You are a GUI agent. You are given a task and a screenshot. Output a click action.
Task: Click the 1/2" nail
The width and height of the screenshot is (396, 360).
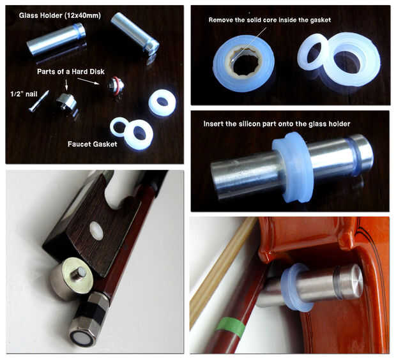coord(38,101)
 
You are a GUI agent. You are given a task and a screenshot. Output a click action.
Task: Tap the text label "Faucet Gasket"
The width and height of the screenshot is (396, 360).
coord(93,144)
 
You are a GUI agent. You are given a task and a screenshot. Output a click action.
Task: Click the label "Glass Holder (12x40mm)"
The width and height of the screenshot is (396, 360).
coord(60,16)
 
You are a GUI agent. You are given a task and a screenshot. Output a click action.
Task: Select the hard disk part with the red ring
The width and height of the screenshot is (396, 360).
coord(116,86)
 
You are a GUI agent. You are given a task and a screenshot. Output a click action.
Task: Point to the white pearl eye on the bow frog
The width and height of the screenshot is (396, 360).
coord(97,230)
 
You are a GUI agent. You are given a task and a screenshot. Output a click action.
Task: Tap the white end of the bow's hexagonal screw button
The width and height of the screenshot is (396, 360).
coord(81,338)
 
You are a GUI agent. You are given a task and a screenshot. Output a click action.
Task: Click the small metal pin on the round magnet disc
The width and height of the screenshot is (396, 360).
coord(80,273)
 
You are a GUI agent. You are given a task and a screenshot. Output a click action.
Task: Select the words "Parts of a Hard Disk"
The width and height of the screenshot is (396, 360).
coord(71,71)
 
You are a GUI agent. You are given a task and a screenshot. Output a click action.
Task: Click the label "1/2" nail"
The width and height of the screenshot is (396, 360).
coord(24,94)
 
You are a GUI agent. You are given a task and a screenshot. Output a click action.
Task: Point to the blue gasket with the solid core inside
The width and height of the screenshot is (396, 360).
coord(243,64)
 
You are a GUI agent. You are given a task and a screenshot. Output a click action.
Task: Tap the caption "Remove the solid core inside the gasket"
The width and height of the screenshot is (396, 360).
coord(270,20)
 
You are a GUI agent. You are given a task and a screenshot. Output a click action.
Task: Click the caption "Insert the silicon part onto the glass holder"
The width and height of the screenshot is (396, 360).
coord(277,124)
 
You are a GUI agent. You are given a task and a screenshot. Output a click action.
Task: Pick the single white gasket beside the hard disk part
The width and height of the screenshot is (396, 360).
coord(162,103)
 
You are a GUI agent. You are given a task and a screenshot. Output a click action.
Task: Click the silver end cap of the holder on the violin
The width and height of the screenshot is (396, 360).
coord(349,281)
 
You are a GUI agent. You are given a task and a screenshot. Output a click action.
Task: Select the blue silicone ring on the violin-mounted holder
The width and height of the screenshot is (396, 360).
coord(296,288)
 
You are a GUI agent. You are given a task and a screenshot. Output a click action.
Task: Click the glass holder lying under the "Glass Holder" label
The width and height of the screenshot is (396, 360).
coord(56,38)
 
